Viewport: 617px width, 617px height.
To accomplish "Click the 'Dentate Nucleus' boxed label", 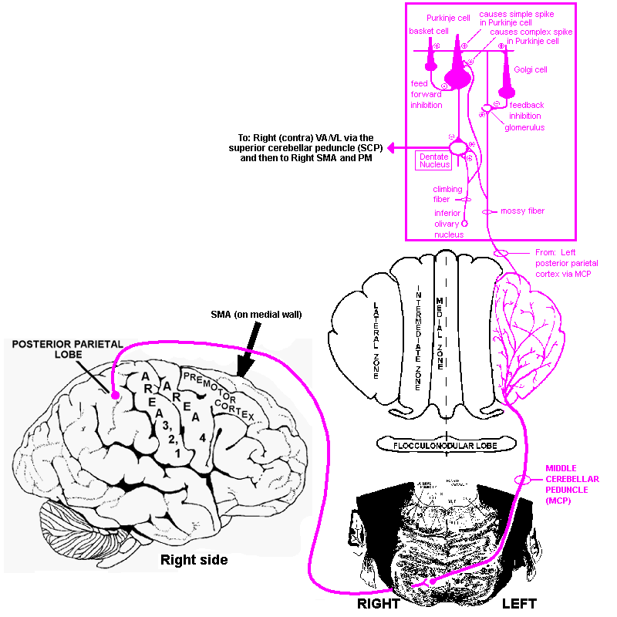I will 434,160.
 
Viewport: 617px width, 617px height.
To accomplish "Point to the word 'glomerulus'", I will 525,127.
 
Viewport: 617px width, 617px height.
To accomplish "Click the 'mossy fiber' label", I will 523,211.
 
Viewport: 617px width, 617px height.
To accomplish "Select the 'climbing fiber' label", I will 447,194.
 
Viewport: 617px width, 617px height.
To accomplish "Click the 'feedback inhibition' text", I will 527,110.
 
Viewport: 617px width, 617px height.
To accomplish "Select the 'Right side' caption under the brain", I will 194,560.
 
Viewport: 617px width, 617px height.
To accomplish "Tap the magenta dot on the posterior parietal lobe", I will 115,396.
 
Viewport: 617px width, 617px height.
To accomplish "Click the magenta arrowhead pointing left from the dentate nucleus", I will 392,147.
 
